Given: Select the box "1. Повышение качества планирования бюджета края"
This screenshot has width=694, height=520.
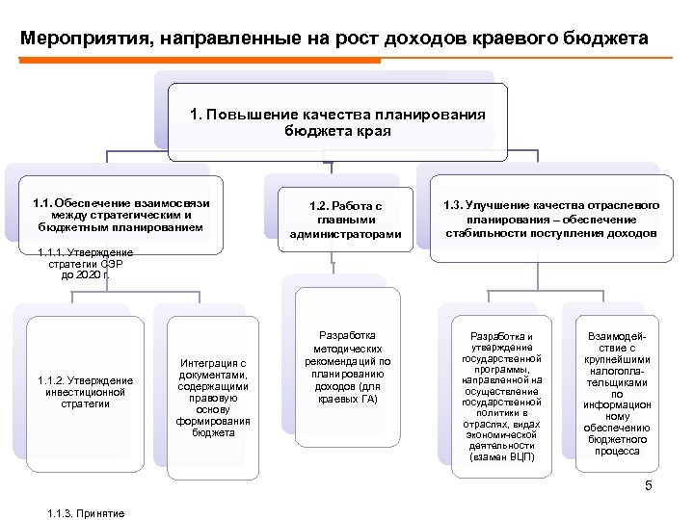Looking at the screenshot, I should [x=337, y=122].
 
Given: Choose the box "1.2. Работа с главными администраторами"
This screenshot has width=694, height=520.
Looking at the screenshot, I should [x=345, y=220].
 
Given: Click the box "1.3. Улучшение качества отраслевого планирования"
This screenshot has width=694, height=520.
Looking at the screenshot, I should [x=550, y=219].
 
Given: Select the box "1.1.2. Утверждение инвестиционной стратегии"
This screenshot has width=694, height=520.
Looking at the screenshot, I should [x=85, y=392].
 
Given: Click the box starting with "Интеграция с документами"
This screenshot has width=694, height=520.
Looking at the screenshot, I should [x=213, y=398].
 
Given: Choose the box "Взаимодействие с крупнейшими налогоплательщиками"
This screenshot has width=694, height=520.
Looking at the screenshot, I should [x=618, y=394].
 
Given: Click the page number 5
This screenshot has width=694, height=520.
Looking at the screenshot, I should [x=649, y=485].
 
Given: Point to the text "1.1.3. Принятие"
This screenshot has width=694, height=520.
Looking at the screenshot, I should [x=86, y=512].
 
